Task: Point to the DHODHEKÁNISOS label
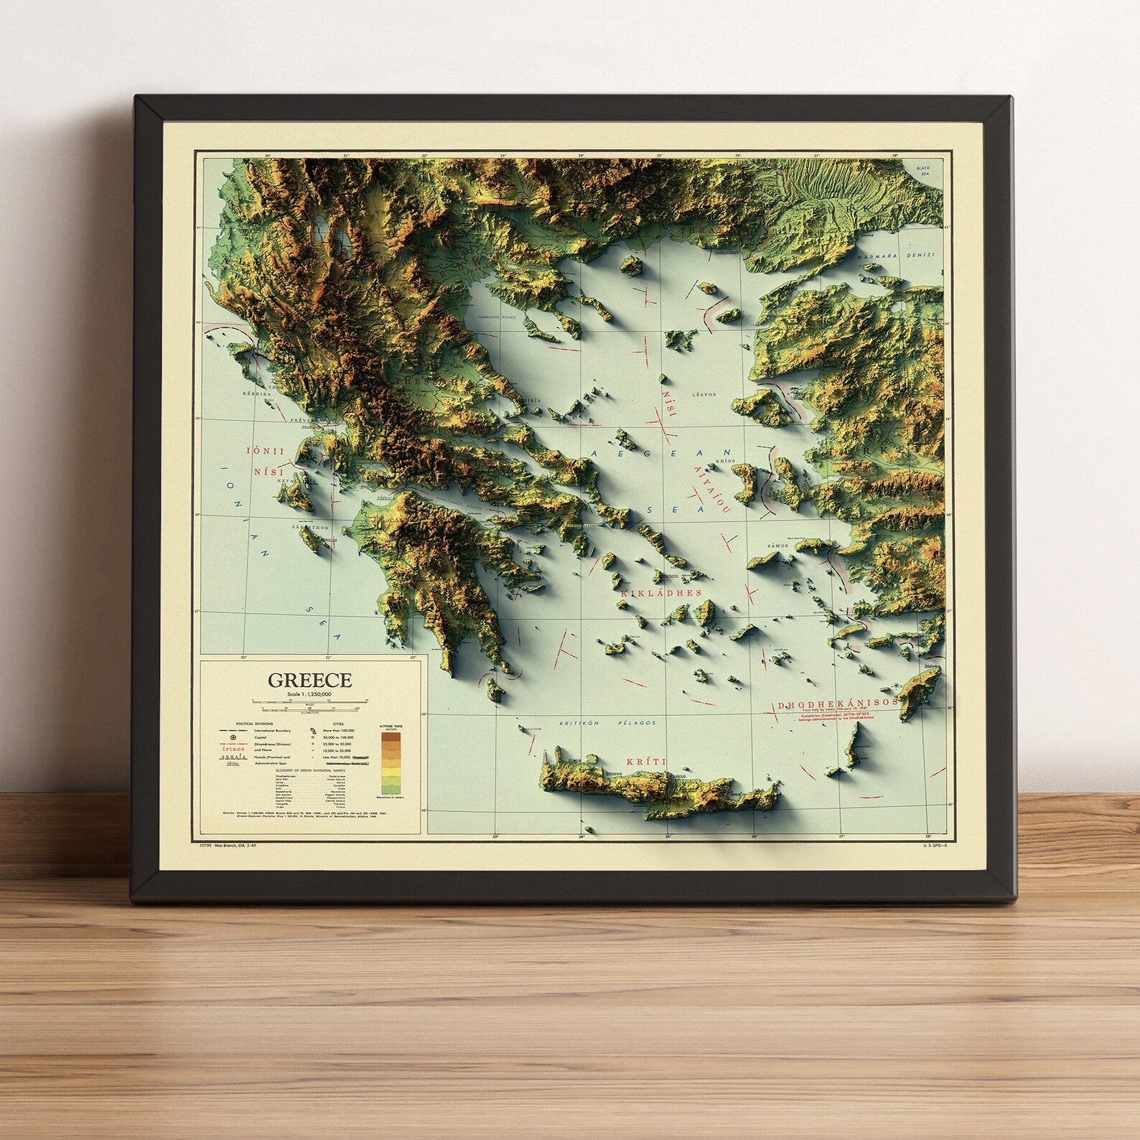pos(838,704)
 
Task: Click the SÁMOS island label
pos(778,546)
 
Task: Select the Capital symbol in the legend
pos(232,737)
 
